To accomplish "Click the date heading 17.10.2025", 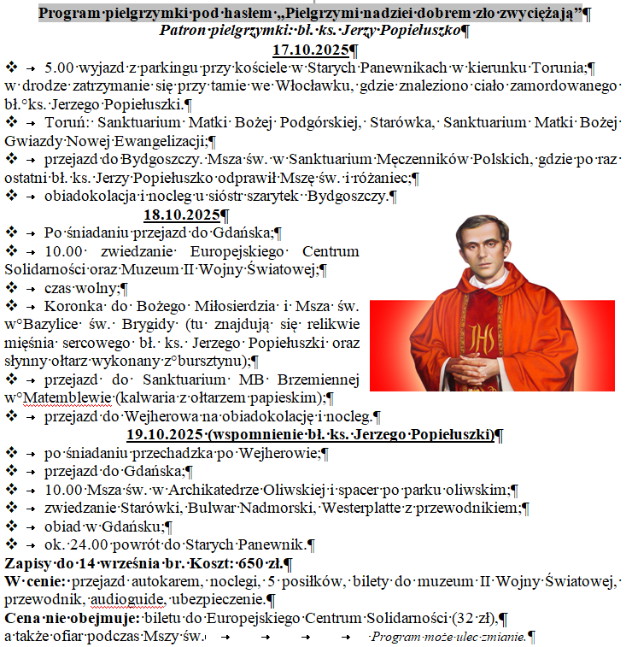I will (308, 50).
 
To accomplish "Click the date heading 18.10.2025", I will (181, 214).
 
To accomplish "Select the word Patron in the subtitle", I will (184, 31).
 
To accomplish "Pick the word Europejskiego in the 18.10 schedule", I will (229, 251).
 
